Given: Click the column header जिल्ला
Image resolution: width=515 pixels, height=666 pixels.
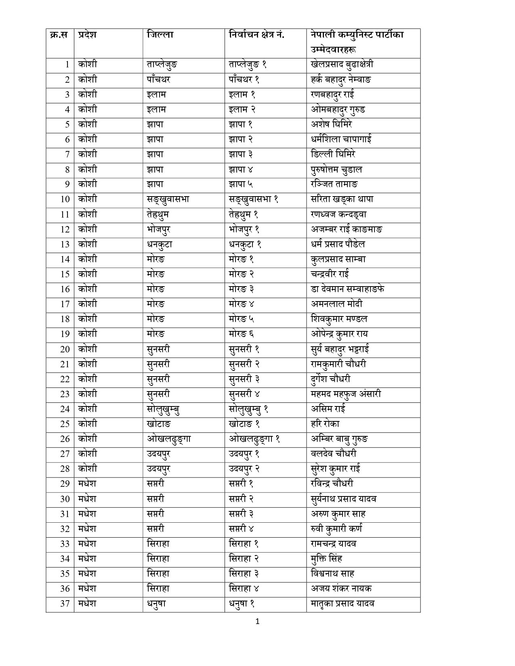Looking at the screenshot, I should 160,35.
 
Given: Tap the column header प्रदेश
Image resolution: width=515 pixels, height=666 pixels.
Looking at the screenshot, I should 87,35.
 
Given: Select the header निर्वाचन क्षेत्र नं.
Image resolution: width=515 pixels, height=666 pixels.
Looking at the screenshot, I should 256,35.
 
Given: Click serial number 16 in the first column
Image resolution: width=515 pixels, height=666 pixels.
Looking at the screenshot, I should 65,289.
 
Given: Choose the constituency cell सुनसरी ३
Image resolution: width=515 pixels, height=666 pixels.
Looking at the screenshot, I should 244,379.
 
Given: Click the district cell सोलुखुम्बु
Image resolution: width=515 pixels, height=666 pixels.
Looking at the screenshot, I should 163,409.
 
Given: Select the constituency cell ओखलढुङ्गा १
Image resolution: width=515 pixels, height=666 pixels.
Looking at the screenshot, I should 254,439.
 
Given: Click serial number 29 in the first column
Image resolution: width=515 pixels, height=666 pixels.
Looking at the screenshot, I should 65,484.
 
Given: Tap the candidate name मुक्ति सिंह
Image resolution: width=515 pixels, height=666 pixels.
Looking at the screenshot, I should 327,559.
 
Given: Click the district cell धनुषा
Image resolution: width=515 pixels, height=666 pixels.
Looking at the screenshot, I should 156,603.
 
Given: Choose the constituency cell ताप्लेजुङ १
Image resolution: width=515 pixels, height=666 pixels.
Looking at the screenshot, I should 248,65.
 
